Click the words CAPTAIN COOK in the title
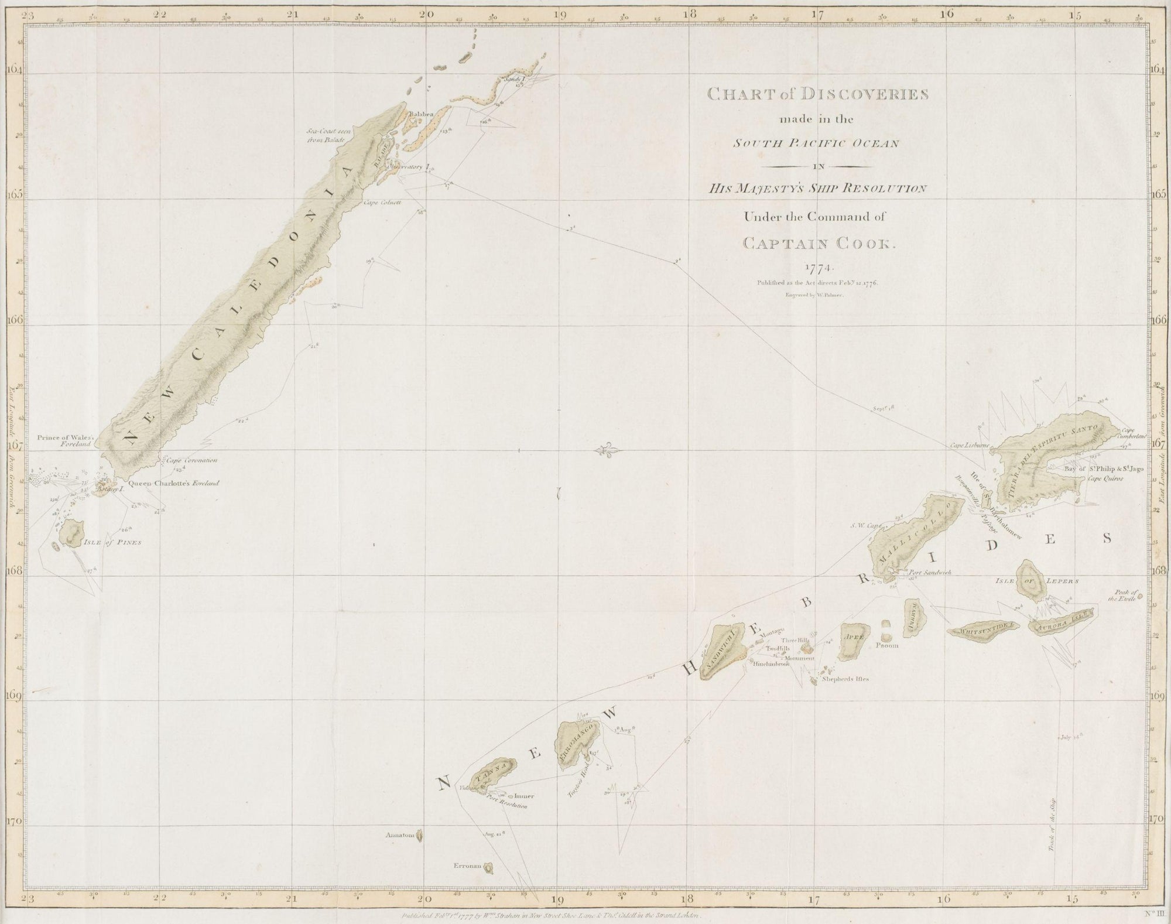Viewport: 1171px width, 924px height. point(815,244)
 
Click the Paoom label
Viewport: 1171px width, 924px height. point(886,646)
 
